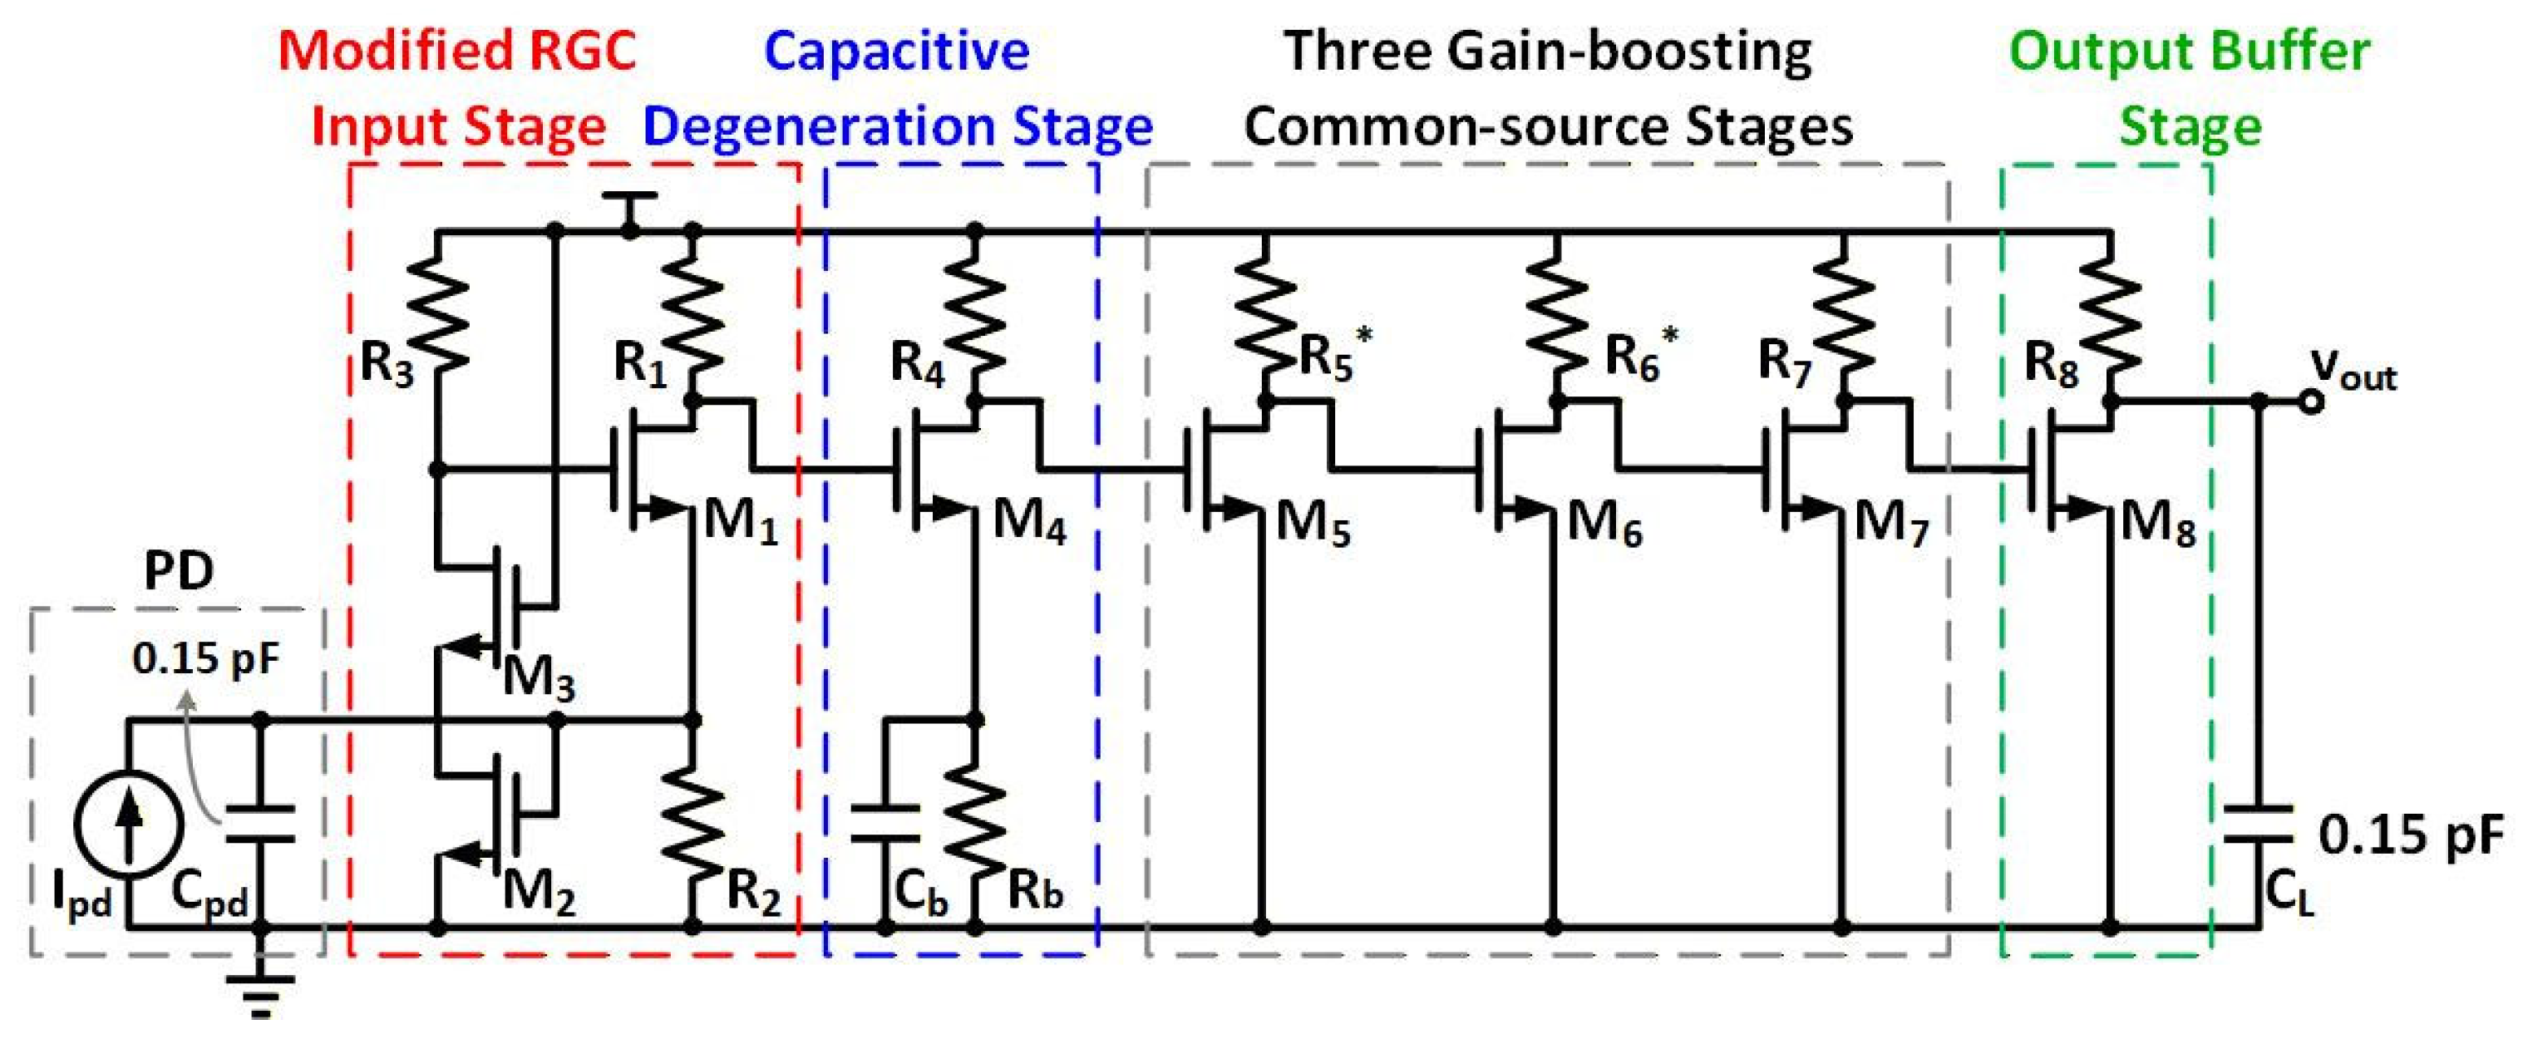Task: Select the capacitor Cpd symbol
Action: [x=260, y=824]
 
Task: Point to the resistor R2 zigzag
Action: [x=693, y=819]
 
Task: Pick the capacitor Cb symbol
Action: [x=885, y=824]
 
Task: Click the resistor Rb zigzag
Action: [x=975, y=819]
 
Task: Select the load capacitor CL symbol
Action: [x=2259, y=824]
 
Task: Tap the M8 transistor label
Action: [x=2159, y=526]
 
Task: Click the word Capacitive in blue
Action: [x=896, y=52]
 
